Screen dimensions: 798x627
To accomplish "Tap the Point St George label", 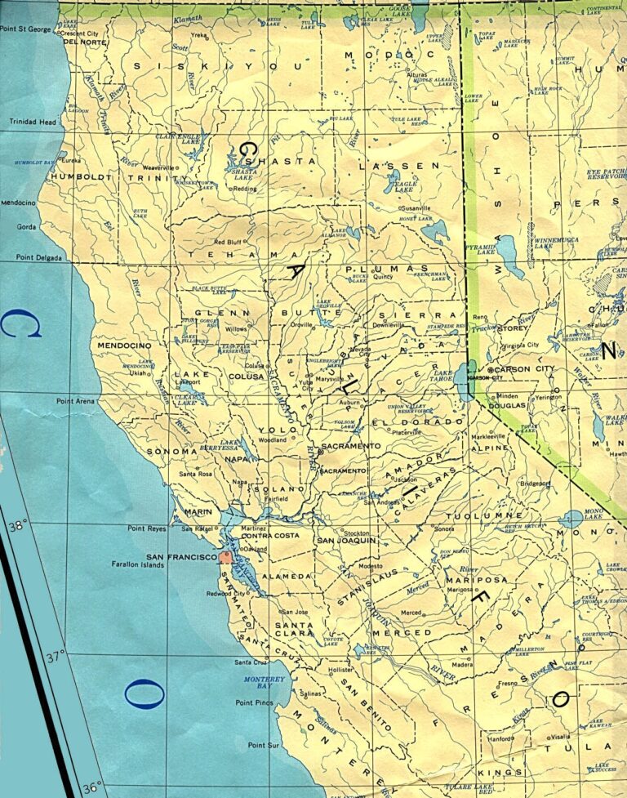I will click(x=25, y=29).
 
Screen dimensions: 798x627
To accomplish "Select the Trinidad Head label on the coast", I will click(x=33, y=122).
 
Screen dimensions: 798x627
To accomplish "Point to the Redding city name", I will click(x=245, y=189).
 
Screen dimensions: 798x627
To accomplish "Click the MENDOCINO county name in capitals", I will click(x=125, y=346).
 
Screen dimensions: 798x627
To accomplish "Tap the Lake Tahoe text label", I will click(x=441, y=375).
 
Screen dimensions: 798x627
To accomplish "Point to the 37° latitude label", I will click(x=56, y=656).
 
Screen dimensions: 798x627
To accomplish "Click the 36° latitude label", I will click(x=91, y=787).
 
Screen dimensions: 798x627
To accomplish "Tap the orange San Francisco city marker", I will click(x=225, y=557).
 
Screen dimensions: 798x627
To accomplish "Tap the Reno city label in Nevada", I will click(x=479, y=316).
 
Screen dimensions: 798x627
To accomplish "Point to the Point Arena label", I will click(x=76, y=401).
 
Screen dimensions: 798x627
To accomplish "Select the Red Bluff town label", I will click(x=228, y=242).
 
